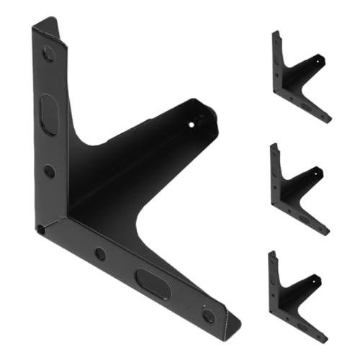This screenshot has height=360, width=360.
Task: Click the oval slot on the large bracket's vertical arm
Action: point(48,114)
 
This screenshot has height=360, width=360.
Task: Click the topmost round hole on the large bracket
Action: point(48,53)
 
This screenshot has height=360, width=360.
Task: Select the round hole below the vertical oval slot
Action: point(49,171)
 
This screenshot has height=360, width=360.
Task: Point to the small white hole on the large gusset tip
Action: point(192,124)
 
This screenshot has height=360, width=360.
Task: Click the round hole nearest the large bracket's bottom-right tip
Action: point(208,315)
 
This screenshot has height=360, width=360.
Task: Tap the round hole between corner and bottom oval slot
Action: point(101,253)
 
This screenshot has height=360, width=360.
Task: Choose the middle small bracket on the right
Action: point(299,189)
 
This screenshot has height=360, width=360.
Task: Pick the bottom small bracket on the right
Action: point(297,297)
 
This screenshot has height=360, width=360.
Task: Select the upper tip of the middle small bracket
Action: point(273,145)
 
